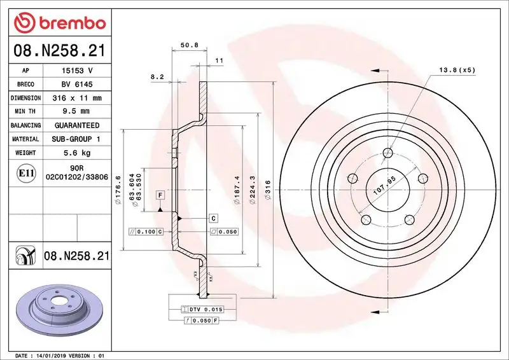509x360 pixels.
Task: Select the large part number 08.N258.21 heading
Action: click(x=59, y=50)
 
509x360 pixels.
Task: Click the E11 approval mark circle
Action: click(x=27, y=172)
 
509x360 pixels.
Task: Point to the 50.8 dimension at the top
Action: click(x=187, y=45)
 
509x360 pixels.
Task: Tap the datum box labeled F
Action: click(x=160, y=194)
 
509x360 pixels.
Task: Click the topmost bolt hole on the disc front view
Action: click(x=388, y=153)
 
